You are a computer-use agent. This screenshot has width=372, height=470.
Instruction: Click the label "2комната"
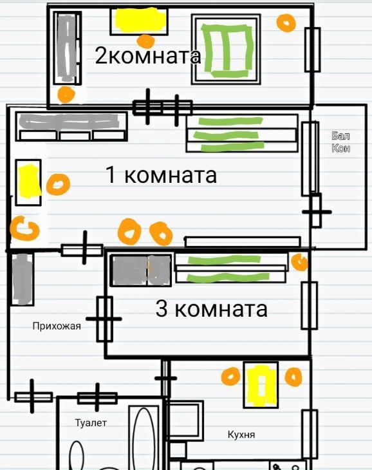(148, 55)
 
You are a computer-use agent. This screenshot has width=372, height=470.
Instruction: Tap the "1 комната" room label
(161, 174)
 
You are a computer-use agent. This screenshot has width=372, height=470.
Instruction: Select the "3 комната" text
(211, 309)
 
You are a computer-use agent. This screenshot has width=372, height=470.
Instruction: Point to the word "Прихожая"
(57, 326)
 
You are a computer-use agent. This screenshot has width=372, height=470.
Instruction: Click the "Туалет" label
(91, 422)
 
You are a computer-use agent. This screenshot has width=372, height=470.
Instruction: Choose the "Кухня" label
(241, 435)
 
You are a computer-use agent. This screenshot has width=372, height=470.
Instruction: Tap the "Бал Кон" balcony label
(341, 142)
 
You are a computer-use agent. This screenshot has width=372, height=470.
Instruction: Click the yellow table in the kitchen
(261, 385)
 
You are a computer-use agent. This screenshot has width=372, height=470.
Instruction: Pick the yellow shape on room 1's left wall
(29, 182)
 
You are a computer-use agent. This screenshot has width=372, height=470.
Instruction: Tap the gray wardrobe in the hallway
(22, 279)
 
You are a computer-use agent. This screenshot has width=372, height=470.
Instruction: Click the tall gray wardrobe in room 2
(68, 48)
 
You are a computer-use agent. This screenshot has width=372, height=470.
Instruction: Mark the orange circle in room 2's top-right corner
(286, 23)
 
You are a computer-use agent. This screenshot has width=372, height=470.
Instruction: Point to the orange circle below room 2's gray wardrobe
(66, 95)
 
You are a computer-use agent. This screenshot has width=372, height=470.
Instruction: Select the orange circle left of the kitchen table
(230, 376)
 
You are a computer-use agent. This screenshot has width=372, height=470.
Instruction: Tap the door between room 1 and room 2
(162, 108)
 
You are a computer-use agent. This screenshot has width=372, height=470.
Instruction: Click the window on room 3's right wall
(310, 305)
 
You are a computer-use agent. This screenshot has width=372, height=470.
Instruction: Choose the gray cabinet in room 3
(141, 270)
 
